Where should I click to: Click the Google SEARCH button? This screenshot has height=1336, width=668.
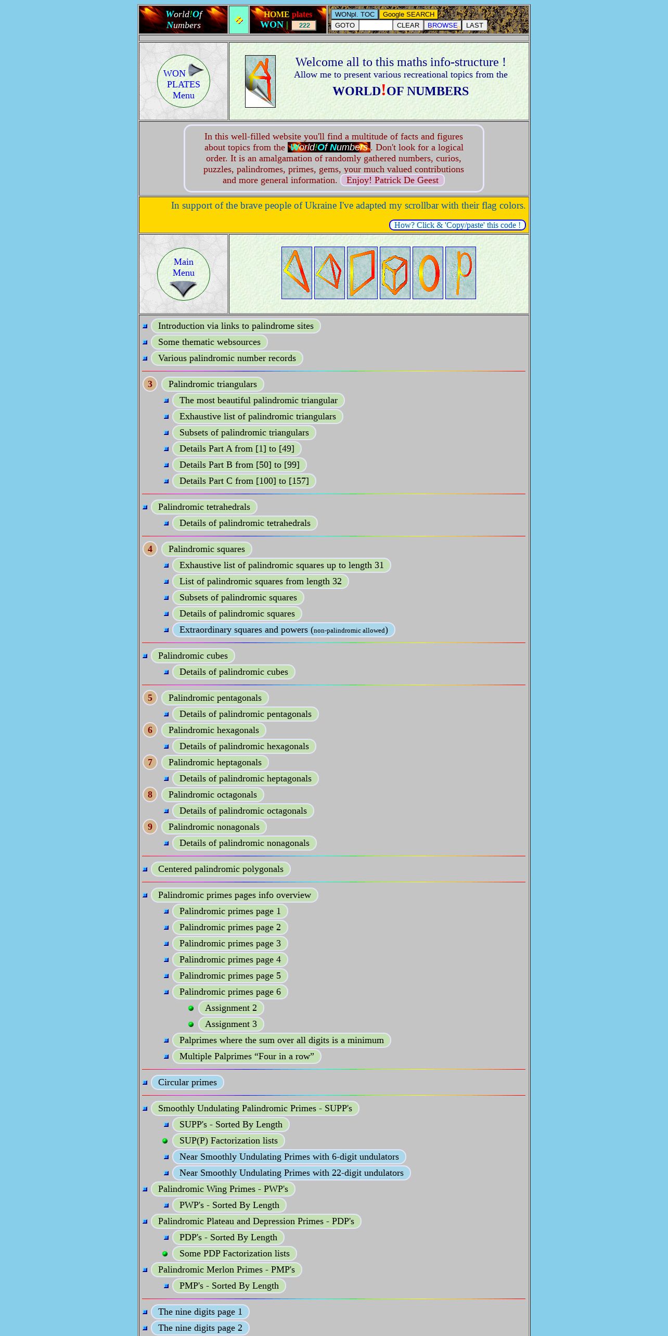pyautogui.click(x=408, y=15)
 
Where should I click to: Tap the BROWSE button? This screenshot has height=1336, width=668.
pyautogui.click(x=442, y=25)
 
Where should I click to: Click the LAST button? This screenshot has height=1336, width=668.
pyautogui.click(x=474, y=25)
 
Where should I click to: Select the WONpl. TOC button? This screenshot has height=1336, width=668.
pyautogui.click(x=355, y=15)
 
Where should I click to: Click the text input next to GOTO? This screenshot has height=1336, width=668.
pyautogui.click(x=376, y=25)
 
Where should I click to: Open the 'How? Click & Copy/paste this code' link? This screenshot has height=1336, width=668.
pyautogui.click(x=457, y=225)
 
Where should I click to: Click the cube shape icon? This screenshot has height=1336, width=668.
pyautogui.click(x=395, y=273)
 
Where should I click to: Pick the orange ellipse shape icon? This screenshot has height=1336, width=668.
pyautogui.click(x=428, y=273)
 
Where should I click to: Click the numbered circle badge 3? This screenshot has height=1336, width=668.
pyautogui.click(x=150, y=384)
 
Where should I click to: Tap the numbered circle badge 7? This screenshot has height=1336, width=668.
pyautogui.click(x=150, y=763)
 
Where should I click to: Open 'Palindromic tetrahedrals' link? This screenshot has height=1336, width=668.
pyautogui.click(x=204, y=507)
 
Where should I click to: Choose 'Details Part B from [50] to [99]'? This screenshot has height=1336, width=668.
pyautogui.click(x=239, y=465)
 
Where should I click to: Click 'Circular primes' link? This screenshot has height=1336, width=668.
pyautogui.click(x=187, y=1083)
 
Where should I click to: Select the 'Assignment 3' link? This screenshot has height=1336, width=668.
pyautogui.click(x=231, y=1024)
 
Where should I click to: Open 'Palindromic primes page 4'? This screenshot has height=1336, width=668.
pyautogui.click(x=230, y=960)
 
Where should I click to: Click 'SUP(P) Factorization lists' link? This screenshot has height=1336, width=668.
pyautogui.click(x=228, y=1141)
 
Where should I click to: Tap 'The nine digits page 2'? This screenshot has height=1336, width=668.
pyautogui.click(x=200, y=1328)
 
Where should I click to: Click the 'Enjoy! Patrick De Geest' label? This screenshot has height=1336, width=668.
pyautogui.click(x=392, y=181)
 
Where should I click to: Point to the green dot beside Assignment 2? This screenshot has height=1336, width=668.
pyautogui.click(x=191, y=1008)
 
